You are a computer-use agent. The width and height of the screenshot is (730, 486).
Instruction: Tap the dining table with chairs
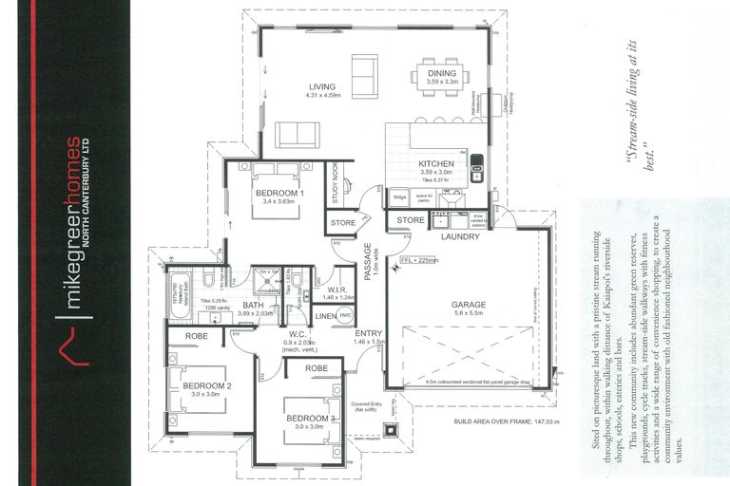click(440, 75)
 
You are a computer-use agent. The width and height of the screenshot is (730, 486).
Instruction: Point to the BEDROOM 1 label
click(279, 194)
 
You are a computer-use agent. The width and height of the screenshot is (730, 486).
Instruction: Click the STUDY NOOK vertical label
click(337, 182)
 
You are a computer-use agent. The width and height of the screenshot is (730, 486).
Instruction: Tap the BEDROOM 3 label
click(311, 419)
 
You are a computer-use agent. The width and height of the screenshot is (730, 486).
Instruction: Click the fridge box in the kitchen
click(399, 196)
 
